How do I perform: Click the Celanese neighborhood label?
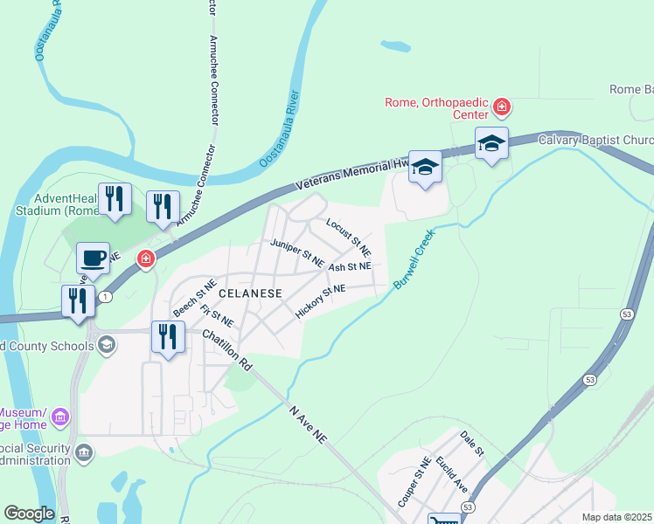coord(250,293)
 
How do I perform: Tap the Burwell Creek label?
coord(414,260)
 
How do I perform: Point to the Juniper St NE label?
coord(297,253)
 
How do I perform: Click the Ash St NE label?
coord(350,265)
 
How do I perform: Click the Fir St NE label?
coord(217,316)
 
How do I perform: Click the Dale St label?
coord(472,443)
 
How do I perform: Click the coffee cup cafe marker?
coord(93,258)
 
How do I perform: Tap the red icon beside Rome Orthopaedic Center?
coord(502,107)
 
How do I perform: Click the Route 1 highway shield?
coord(105,297)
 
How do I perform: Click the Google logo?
coord(29,514)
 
